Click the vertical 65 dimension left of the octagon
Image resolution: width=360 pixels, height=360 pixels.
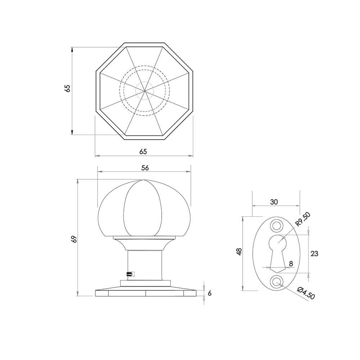(x=67, y=89)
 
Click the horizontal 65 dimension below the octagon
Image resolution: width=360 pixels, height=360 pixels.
(x=143, y=152)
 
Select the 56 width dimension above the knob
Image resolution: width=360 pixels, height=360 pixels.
(x=145, y=168)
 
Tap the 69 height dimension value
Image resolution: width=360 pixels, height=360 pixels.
(x=74, y=239)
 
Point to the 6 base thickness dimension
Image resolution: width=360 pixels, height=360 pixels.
(x=210, y=293)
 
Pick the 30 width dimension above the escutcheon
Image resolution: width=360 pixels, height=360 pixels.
(x=274, y=202)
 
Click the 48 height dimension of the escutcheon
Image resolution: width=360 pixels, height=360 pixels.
(x=239, y=252)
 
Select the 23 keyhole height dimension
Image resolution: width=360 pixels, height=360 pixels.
(x=314, y=253)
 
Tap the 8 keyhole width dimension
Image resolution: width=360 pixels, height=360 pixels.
(x=291, y=264)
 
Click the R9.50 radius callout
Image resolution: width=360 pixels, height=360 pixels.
(x=302, y=219)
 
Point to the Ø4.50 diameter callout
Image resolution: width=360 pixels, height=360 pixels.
(x=306, y=293)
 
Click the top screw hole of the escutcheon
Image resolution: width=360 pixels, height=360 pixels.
(x=277, y=225)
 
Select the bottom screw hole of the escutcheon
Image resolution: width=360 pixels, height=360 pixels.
(x=277, y=282)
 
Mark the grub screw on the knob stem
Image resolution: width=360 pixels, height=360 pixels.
(x=129, y=274)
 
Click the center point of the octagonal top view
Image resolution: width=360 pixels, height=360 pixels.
(x=144, y=90)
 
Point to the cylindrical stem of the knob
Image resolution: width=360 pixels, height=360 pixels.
(x=144, y=265)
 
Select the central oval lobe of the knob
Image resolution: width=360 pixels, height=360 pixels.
(x=140, y=209)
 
